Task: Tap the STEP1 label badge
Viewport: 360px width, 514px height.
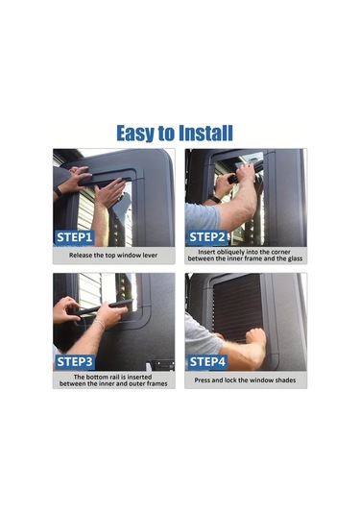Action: click(x=75, y=237)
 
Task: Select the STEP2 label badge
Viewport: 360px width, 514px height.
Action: click(x=207, y=237)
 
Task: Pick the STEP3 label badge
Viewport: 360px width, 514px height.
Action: click(x=75, y=361)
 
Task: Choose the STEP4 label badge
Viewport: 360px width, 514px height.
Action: click(x=207, y=361)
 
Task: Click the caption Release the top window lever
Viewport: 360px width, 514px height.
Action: click(x=113, y=255)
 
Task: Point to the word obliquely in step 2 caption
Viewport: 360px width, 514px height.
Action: click(x=232, y=252)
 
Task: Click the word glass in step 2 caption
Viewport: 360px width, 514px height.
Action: click(x=295, y=258)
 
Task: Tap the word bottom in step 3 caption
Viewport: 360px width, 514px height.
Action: click(x=98, y=377)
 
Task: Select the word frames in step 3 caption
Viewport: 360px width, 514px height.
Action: click(x=156, y=383)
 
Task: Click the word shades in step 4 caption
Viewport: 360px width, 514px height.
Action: click(x=285, y=380)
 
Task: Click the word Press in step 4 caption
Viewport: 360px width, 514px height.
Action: click(x=203, y=380)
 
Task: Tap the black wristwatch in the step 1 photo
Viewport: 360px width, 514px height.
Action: click(x=58, y=192)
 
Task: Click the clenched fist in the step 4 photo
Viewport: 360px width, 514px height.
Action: click(x=255, y=336)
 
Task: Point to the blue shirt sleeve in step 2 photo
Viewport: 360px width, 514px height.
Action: click(x=203, y=217)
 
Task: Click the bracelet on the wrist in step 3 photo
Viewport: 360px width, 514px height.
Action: click(x=99, y=323)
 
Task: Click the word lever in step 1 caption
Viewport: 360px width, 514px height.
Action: click(x=151, y=255)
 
